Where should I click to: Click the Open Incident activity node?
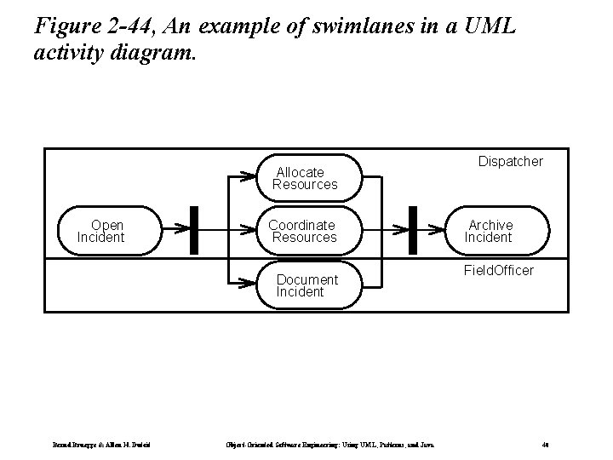click(x=101, y=231)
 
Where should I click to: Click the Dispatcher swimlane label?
click(x=510, y=161)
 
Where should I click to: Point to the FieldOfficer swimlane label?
click(x=498, y=270)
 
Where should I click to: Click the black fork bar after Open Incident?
click(x=193, y=230)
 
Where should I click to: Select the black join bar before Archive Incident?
click(x=413, y=230)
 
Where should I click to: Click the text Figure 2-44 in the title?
click(x=86, y=27)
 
